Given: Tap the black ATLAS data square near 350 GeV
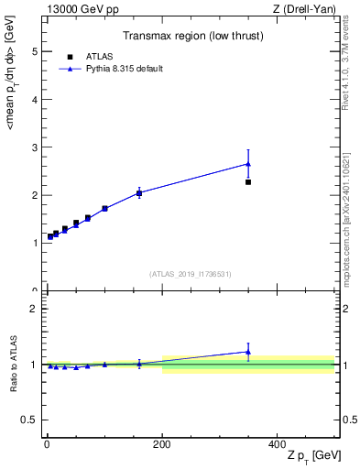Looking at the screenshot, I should pyautogui.click(x=248, y=182).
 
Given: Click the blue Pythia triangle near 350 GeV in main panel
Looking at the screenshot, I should pyautogui.click(x=248, y=164).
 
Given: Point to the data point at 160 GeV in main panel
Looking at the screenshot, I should pyautogui.click(x=139, y=193).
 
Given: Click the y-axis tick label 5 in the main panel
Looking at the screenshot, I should pyautogui.click(x=36, y=51).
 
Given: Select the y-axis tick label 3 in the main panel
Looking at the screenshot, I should pyautogui.click(x=36, y=147).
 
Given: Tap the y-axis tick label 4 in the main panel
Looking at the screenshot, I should pyautogui.click(x=36, y=100).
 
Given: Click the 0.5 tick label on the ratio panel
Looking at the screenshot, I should pyautogui.click(x=32, y=420).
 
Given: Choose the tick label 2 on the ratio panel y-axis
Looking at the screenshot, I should pyautogui.click(x=36, y=309).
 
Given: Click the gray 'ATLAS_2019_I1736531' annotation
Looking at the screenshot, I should pyautogui.click(x=191, y=274).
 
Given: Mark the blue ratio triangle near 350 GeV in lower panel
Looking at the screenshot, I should pyautogui.click(x=248, y=352).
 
